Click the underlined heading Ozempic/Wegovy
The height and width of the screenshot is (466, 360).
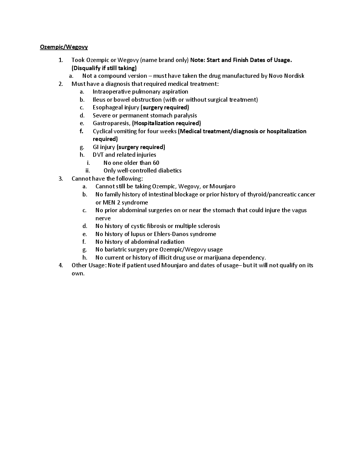click(x=64, y=47)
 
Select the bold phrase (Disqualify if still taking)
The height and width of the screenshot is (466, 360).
click(x=104, y=68)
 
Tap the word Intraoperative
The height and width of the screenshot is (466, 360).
click(x=112, y=92)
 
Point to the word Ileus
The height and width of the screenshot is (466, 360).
click(x=99, y=100)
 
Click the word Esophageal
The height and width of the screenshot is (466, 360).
click(x=106, y=107)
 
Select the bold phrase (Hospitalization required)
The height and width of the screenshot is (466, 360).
click(x=166, y=123)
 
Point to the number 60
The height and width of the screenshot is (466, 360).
click(x=156, y=163)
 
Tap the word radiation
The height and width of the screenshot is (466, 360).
click(x=171, y=242)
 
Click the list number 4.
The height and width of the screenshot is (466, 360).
click(x=60, y=265)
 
